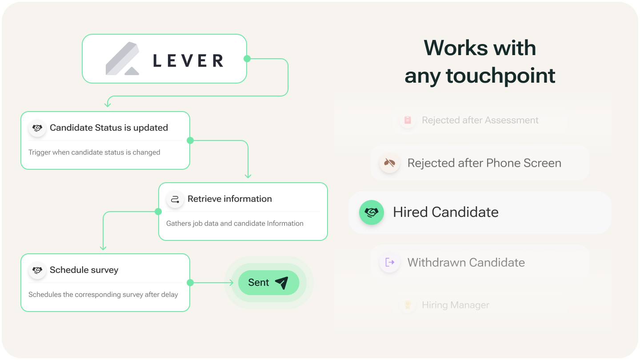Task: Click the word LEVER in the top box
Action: tap(188, 60)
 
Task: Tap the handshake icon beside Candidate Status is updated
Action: tap(37, 128)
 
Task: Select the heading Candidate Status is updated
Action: tap(109, 128)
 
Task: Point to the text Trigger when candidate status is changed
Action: tap(94, 152)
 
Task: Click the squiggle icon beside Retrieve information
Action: tap(175, 199)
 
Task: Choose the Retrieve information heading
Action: tap(230, 199)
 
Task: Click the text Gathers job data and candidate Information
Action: tap(235, 224)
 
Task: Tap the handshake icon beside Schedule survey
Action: tap(37, 270)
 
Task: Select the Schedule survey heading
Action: tap(84, 270)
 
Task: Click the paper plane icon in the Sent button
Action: tap(281, 283)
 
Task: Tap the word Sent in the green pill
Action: tap(259, 283)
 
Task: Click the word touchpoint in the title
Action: tap(500, 76)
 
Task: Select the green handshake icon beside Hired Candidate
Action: tap(371, 212)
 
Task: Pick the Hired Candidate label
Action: tap(446, 212)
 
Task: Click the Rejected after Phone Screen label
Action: tap(484, 163)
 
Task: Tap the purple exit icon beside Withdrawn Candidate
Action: tap(390, 262)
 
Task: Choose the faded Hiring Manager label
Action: tap(456, 305)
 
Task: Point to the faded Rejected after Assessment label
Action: tap(480, 120)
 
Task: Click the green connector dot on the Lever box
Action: tap(247, 59)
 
